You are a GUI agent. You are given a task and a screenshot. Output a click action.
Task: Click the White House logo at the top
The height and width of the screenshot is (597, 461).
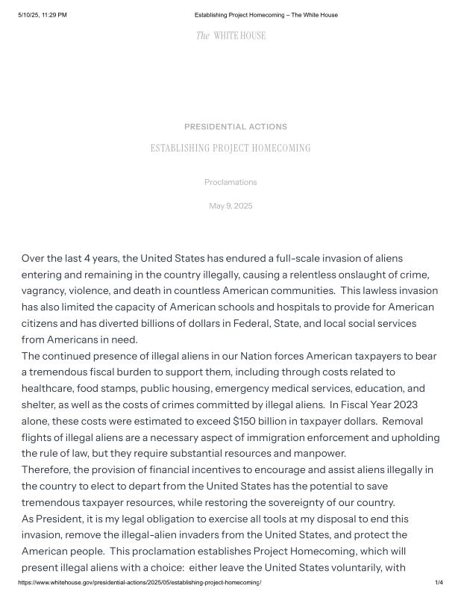tap(230, 36)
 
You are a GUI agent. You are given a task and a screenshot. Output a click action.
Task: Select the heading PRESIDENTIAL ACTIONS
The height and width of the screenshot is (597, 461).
tap(236, 127)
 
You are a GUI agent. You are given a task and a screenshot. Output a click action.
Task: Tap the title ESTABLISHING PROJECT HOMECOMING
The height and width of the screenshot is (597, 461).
tap(230, 148)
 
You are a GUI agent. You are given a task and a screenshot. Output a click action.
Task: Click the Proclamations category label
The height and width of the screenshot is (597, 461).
tap(230, 182)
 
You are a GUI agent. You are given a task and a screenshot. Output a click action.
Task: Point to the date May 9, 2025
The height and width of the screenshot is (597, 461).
tap(230, 206)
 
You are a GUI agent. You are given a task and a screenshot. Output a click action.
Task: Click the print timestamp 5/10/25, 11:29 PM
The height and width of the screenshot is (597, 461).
tap(43, 15)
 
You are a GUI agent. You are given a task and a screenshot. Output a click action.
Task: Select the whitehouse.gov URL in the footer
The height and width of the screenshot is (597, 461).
tap(139, 582)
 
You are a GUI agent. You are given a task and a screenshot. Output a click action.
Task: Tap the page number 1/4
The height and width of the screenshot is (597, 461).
tap(439, 582)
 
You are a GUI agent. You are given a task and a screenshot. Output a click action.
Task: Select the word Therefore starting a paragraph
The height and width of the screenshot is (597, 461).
tap(49, 469)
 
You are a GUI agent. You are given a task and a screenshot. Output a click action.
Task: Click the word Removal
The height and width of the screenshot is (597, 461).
tap(402, 421)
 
